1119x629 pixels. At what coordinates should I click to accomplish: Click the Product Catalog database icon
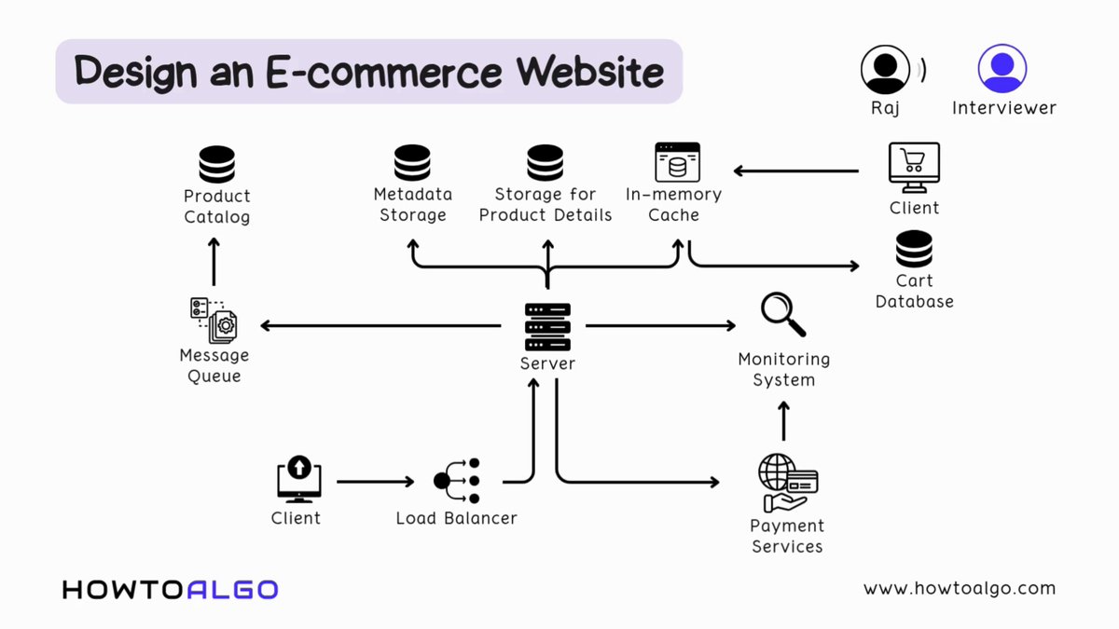coord(216,165)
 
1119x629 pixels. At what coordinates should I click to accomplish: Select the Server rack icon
coord(547,326)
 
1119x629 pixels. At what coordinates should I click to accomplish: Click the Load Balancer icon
coord(457,481)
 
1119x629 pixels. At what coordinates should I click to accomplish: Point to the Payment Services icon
coord(787,483)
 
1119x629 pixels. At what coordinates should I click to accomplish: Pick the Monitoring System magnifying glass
coord(782,315)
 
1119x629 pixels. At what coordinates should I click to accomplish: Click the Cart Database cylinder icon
coord(914,250)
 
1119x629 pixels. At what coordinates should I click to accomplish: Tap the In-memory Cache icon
coord(677,162)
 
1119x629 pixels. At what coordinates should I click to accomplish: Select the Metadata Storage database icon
coord(412,163)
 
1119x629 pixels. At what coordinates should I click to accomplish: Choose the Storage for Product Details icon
coord(546,163)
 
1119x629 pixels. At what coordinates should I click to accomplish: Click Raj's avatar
coord(885,70)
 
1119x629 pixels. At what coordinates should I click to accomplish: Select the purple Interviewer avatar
coord(1002,69)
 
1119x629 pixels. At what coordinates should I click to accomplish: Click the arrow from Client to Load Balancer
coord(375,482)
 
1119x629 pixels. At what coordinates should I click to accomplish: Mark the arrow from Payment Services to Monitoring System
coord(783,421)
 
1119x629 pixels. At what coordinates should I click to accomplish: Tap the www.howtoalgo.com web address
coord(959,588)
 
